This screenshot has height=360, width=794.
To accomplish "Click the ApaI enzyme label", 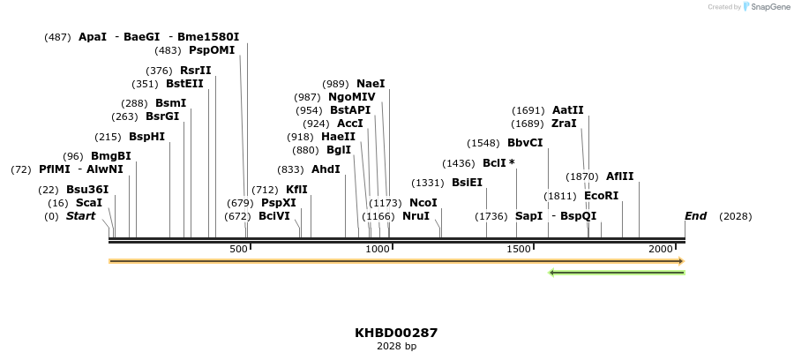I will (x=93, y=37).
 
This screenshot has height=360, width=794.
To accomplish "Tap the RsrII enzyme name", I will (x=195, y=71).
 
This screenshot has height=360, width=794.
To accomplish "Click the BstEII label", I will (x=184, y=84).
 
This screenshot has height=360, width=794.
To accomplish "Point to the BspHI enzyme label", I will (x=146, y=137).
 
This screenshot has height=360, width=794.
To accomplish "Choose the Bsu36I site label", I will (x=87, y=190).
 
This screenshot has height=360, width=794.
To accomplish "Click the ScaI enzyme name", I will (x=89, y=203).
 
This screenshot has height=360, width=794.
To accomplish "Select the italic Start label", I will (x=80, y=216).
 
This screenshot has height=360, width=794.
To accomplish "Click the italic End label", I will (x=695, y=216).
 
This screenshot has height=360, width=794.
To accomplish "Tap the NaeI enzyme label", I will (x=371, y=84).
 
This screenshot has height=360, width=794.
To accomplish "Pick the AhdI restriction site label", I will (x=326, y=169).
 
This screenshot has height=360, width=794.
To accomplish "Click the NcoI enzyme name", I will (x=423, y=203).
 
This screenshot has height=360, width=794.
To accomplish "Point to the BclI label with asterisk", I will (x=498, y=163).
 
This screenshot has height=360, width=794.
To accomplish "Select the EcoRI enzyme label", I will (x=601, y=196).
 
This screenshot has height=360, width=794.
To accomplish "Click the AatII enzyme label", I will (x=567, y=110).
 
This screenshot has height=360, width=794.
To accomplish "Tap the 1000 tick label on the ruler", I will (x=378, y=251).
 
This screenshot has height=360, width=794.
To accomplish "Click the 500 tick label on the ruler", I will (x=239, y=251).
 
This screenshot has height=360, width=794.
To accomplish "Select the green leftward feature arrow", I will (x=617, y=273).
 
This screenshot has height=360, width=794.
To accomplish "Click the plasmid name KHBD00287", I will (x=396, y=334).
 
